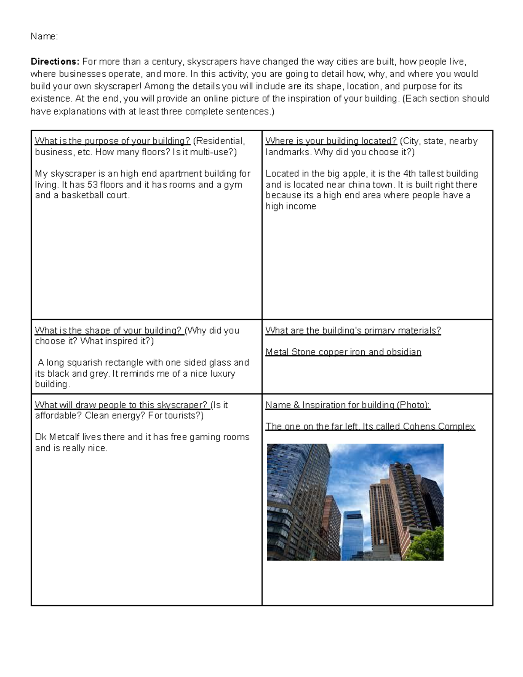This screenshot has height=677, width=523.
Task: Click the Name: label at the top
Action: coord(44,37)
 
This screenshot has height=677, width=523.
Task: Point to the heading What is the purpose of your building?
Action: coord(112,141)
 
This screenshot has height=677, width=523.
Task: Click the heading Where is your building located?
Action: coord(331,141)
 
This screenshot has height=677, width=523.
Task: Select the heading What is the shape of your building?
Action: coord(109,330)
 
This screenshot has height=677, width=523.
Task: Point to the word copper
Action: coord(333,352)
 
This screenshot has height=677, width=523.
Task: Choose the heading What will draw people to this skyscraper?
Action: coord(121,405)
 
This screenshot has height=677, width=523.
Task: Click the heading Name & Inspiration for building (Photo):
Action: coord(348,405)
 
